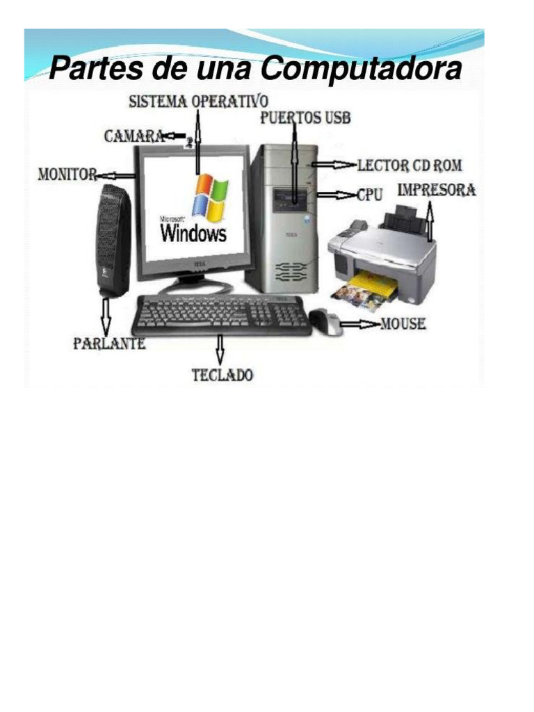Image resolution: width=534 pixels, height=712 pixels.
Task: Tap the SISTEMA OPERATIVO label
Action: click(198, 102)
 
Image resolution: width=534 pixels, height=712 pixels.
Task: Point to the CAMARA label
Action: click(134, 136)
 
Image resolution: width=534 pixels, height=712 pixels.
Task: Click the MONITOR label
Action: click(67, 175)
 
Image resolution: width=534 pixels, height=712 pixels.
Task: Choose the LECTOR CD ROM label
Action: click(409, 165)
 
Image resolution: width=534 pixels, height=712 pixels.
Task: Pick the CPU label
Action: click(369, 195)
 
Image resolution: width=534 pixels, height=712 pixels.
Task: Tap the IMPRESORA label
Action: click(437, 189)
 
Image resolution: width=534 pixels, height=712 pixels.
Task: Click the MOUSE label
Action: click(403, 324)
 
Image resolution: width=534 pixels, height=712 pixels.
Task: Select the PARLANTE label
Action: click(110, 343)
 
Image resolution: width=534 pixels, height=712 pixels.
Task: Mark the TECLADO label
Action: click(222, 375)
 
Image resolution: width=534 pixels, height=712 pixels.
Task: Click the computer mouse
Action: click(325, 321)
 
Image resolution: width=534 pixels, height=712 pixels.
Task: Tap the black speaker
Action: click(113, 240)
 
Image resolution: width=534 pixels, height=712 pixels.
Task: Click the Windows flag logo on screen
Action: click(209, 197)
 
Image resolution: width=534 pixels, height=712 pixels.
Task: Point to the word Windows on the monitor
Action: click(194, 233)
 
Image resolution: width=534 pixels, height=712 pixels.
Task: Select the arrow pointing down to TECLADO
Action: click(221, 350)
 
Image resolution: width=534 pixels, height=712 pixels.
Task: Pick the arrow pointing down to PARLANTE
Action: click(106, 316)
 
